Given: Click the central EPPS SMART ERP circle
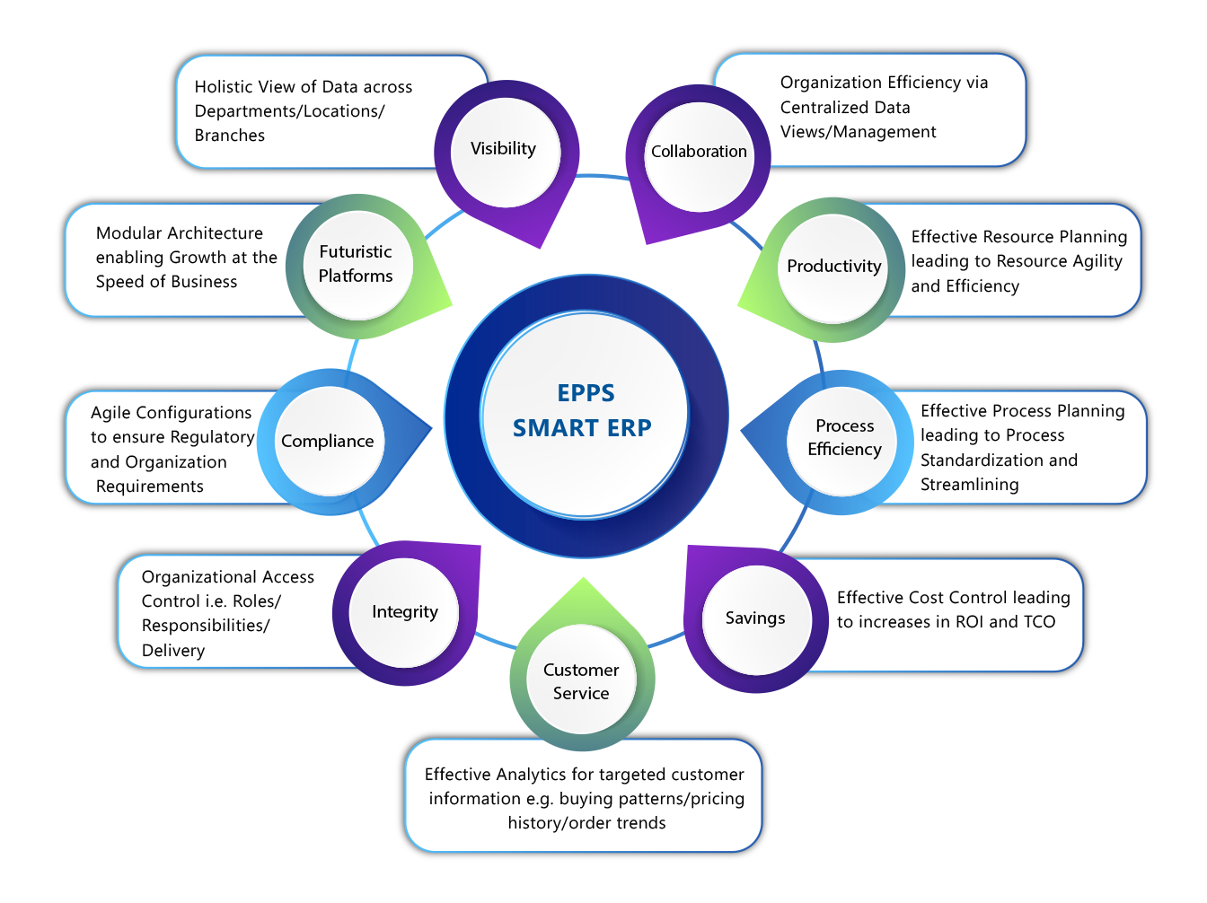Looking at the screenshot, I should [x=585, y=413].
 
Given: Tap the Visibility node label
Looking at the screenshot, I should [x=504, y=150].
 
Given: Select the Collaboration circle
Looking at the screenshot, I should [x=699, y=153].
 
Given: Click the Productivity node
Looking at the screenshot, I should [x=833, y=267].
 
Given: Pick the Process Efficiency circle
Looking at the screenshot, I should [x=844, y=438].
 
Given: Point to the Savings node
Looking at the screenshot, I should [x=755, y=618].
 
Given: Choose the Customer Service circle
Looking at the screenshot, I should [x=581, y=682].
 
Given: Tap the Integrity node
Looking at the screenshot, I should [x=405, y=612].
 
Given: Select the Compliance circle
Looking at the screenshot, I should [x=328, y=442].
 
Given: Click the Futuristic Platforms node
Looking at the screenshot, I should [x=357, y=265].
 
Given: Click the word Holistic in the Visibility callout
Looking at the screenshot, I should [x=223, y=87].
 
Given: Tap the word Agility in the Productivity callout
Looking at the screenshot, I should [x=1097, y=261].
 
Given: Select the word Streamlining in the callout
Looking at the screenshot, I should [x=970, y=485].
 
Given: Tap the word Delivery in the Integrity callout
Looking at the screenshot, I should [x=173, y=651].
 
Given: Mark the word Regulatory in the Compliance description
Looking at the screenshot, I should [x=212, y=437].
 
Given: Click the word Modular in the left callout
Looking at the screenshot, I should [x=128, y=233].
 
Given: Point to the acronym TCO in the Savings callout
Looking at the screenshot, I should [x=1039, y=622].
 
